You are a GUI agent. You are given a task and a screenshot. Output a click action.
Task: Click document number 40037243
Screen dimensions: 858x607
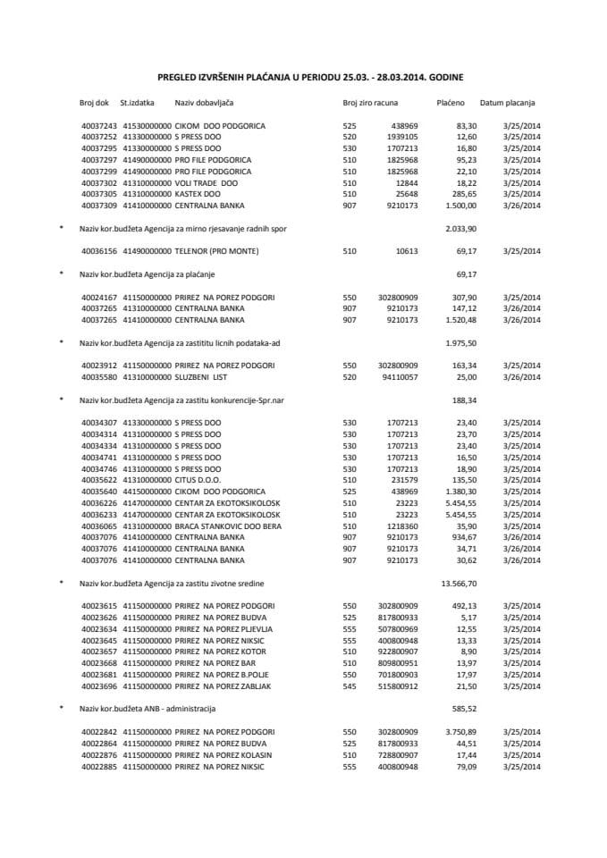(98, 126)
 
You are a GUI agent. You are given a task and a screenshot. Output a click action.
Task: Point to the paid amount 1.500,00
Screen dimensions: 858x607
(449, 205)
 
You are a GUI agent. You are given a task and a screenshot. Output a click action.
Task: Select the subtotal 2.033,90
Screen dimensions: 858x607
(459, 228)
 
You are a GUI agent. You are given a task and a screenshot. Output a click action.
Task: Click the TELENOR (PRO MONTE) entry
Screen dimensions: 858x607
(216, 251)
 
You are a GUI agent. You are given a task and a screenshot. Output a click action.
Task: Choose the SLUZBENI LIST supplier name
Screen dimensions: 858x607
(204, 378)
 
